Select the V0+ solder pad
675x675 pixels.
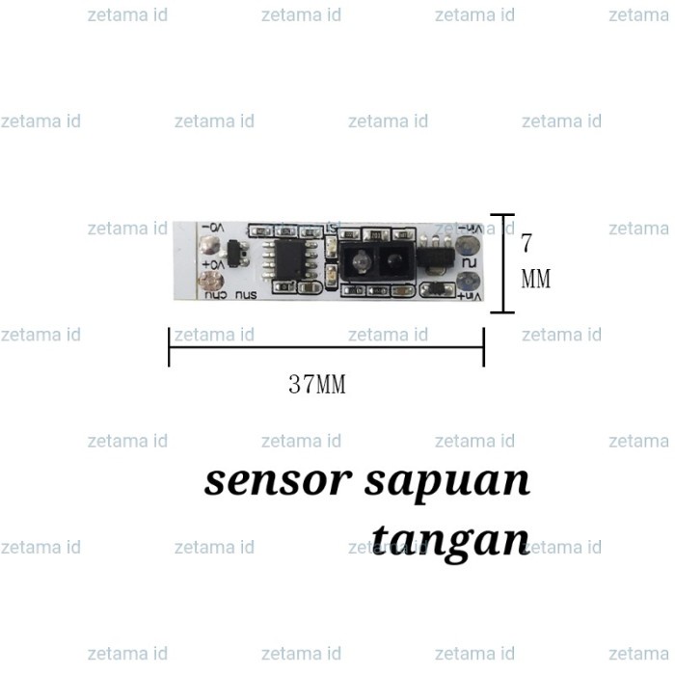205,282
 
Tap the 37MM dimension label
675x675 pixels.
317,386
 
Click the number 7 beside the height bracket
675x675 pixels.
527,243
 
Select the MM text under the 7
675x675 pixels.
535,280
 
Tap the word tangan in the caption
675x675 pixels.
450,538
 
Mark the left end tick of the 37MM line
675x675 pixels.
170,346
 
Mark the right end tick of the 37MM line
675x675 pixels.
483,346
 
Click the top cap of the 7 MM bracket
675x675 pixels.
502,215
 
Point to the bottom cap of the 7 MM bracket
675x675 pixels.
502,312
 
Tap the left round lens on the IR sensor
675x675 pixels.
359,260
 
